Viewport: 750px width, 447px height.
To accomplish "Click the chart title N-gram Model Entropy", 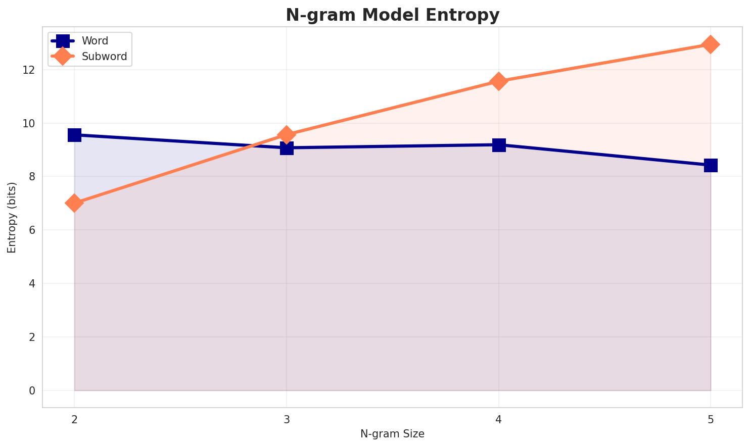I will point(392,15).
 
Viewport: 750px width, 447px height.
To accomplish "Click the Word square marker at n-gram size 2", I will point(74,135).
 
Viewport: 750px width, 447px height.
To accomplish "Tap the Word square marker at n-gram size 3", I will point(287,148).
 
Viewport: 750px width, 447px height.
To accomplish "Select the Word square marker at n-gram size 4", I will point(499,145).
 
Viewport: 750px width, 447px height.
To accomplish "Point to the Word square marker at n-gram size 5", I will point(711,165).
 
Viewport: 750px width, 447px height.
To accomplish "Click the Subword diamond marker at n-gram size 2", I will point(74,203).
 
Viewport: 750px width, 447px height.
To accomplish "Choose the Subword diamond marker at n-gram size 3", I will point(287,135).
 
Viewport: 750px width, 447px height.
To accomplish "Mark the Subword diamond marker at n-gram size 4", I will point(499,81).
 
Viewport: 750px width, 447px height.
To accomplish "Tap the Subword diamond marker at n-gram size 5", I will point(711,44).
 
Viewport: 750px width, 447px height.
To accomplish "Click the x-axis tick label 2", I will point(74,419).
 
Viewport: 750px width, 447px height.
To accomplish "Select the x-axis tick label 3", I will point(287,419).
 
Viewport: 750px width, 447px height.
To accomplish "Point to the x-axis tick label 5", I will point(711,419).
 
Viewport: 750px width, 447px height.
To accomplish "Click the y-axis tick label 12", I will point(28,70).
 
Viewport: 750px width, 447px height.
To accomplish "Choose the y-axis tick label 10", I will point(28,123).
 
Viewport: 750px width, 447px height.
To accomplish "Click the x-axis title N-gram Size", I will point(392,434).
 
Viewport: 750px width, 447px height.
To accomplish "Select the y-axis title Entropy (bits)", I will point(12,217).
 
